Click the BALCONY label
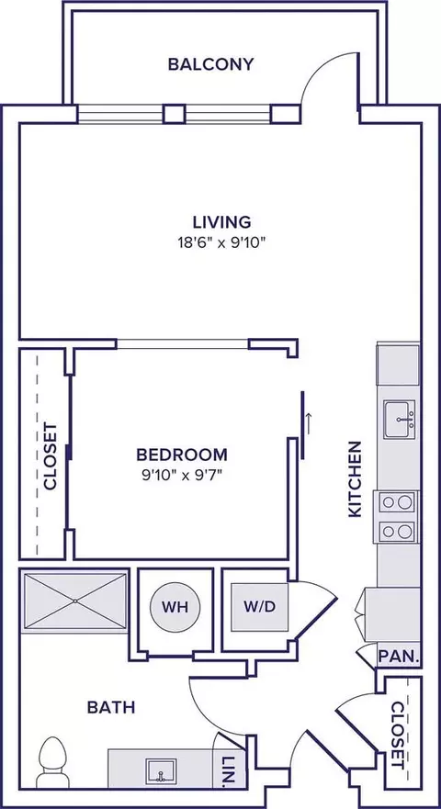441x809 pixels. (210, 64)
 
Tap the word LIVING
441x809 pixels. (221, 221)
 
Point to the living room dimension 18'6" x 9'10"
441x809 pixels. (221, 242)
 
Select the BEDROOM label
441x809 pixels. (182, 455)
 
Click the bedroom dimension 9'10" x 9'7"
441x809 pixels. (182, 475)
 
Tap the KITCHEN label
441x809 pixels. (356, 478)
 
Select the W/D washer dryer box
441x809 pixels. (254, 607)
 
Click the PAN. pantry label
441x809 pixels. (401, 657)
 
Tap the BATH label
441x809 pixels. (111, 707)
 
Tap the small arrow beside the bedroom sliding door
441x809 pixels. (310, 422)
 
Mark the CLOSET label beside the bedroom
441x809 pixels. (51, 455)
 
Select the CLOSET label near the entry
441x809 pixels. (398, 735)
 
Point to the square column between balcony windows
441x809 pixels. (173, 113)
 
